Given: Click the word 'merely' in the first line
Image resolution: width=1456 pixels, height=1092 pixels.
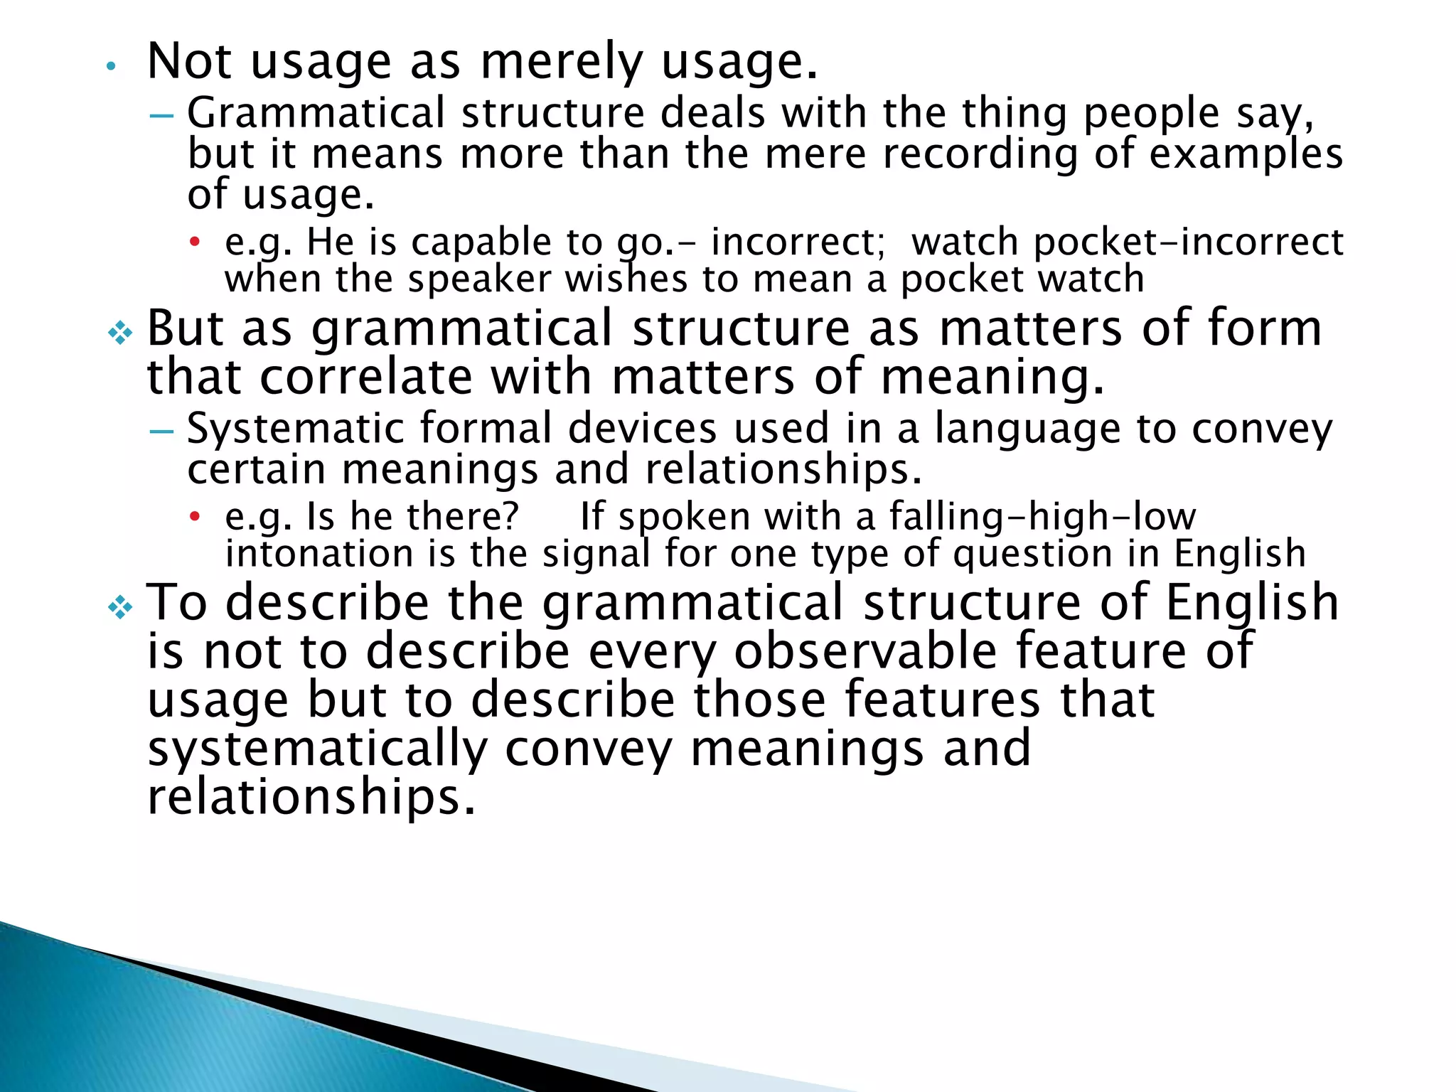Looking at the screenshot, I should tap(562, 63).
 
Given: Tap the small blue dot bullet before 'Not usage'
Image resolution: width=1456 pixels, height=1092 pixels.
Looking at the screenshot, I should tap(109, 67).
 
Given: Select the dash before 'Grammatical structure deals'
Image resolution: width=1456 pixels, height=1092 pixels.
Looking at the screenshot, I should tap(162, 115).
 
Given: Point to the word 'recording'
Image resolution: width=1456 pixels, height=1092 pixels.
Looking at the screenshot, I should tap(980, 154).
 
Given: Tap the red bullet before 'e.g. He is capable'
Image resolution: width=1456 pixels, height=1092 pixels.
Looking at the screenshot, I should tap(194, 242).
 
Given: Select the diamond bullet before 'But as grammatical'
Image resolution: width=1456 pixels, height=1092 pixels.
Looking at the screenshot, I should tap(120, 333).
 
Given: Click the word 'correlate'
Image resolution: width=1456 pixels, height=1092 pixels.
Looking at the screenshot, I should tap(365, 377).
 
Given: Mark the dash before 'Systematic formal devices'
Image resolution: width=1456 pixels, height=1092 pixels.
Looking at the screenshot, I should tap(162, 432).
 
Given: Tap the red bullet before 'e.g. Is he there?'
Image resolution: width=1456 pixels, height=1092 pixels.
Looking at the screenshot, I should tap(194, 517).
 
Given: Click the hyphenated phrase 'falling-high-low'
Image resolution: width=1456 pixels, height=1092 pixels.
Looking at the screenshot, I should tap(1042, 517).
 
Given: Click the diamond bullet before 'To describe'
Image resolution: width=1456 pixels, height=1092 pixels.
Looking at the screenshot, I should tap(120, 608).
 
